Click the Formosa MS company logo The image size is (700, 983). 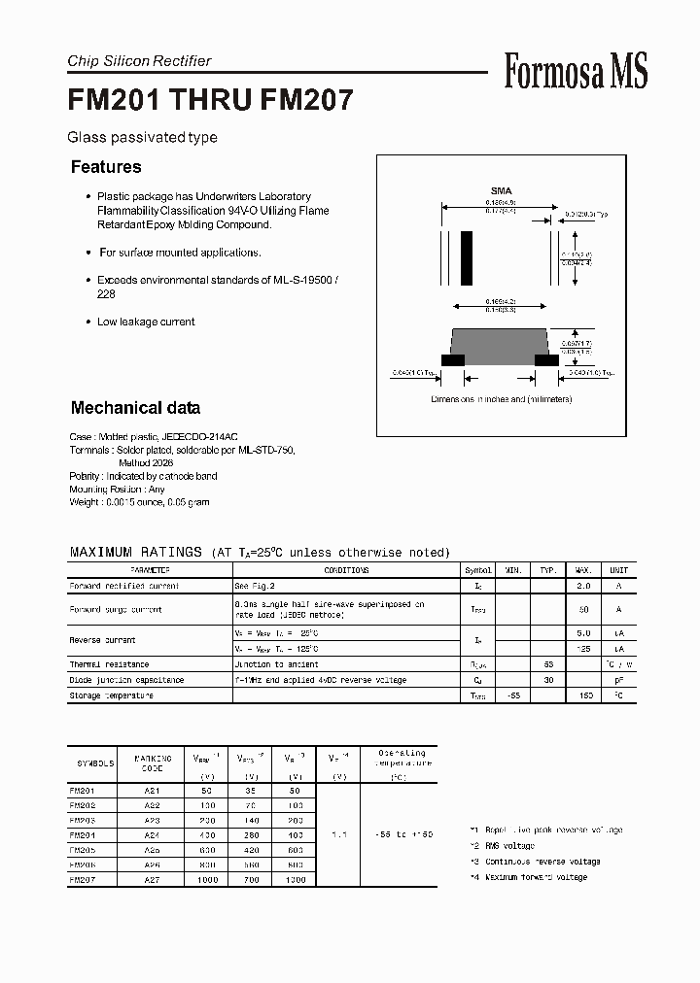tap(576, 71)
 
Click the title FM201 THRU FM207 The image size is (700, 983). tap(210, 100)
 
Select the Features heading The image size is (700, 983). tap(106, 167)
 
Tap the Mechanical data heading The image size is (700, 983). tap(135, 408)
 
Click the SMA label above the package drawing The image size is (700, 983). tap(501, 191)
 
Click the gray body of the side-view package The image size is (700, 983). tap(500, 344)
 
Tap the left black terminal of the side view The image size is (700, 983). tap(452, 360)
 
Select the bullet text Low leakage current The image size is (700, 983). tap(146, 322)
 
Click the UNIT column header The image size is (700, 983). tap(618, 570)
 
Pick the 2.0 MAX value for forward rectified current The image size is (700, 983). tap(584, 587)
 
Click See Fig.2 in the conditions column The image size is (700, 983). tap(255, 587)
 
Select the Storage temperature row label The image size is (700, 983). tap(111, 695)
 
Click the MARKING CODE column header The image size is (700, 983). tap(153, 763)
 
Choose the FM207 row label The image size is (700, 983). tap(82, 879)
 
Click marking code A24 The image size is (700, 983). tap(153, 834)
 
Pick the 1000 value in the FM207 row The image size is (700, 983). tap(207, 879)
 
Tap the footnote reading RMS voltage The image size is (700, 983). tap(507, 846)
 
